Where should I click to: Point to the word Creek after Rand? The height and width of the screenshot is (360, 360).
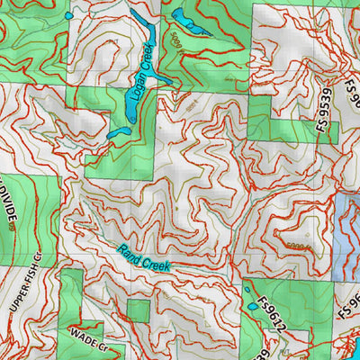155,264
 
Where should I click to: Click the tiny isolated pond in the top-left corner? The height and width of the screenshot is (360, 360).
69,15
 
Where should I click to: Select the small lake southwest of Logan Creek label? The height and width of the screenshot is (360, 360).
116,133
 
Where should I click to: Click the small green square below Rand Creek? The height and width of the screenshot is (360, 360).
138,310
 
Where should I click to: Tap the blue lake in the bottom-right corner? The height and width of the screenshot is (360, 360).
346,346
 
